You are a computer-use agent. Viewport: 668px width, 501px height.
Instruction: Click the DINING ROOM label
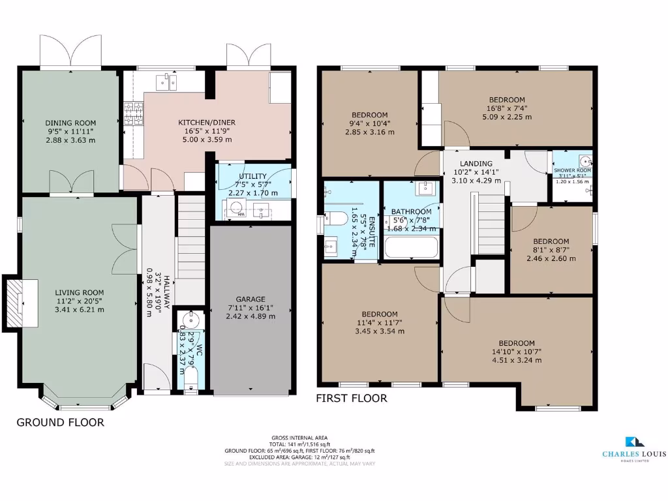(70, 123)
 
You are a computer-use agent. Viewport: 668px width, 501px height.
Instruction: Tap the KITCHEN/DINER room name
(207, 122)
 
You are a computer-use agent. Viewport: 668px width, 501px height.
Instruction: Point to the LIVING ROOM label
(79, 292)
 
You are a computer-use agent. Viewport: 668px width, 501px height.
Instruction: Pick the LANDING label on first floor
(476, 164)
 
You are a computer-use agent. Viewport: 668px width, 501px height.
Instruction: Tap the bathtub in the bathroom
(411, 248)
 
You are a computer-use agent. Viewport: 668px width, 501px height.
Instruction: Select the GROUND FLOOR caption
(60, 423)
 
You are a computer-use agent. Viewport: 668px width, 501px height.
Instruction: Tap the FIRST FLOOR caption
(352, 398)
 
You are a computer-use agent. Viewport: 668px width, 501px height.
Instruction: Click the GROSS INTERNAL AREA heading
(299, 438)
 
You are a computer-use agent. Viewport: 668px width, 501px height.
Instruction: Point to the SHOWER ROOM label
(572, 171)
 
